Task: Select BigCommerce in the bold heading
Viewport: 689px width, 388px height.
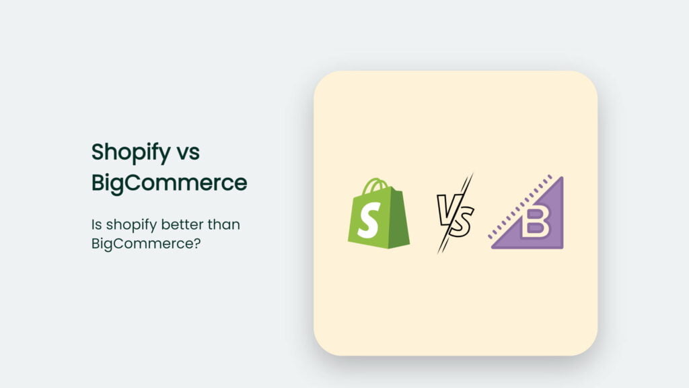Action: pos(170,182)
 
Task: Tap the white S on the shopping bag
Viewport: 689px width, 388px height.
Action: pos(369,220)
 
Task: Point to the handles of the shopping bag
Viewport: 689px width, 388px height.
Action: pos(377,185)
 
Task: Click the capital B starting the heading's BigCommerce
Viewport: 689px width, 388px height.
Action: pos(98,182)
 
